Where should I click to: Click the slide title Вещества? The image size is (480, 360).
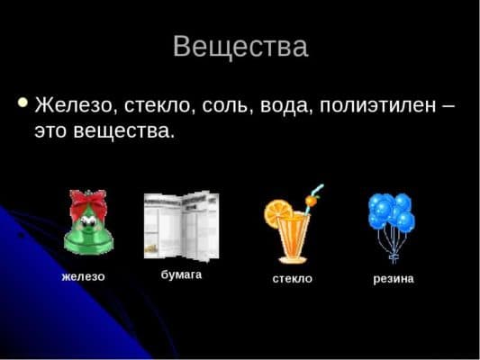[x=240, y=46]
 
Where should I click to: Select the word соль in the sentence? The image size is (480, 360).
[x=231, y=105]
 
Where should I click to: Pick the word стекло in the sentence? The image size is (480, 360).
[x=158, y=105]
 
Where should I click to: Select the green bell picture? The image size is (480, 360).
[x=87, y=227]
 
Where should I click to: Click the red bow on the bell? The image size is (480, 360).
[x=88, y=202]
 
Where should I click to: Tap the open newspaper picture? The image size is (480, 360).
[x=181, y=224]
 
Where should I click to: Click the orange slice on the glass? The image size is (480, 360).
[x=275, y=214]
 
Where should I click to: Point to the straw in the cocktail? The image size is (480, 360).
[x=313, y=195]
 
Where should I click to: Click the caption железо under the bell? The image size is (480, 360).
[x=83, y=276]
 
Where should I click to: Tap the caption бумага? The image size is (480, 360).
[x=181, y=274]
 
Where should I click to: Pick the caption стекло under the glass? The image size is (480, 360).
[x=292, y=279]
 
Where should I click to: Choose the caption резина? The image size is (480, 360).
[x=394, y=279]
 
